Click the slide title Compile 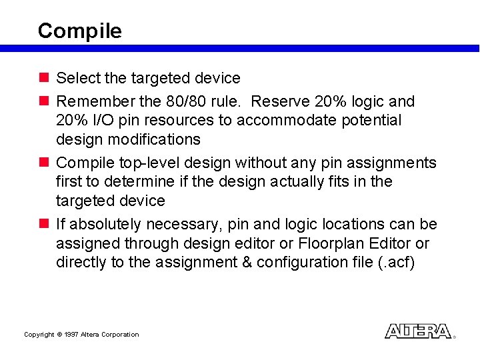point(79,31)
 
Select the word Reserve point(281,101)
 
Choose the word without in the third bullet point(265,163)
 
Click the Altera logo point(418,331)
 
